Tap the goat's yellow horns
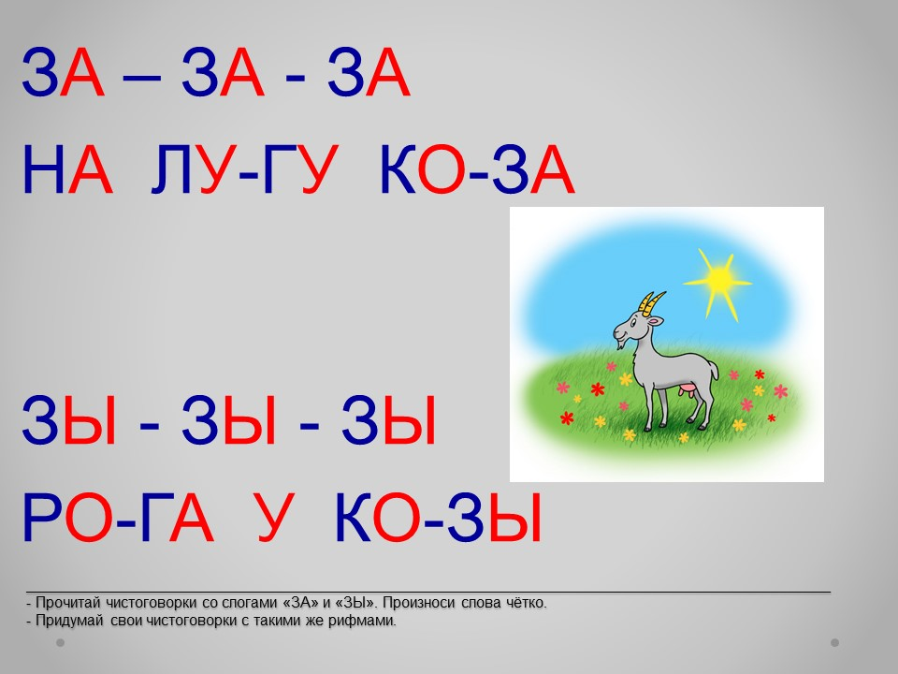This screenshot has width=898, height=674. [x=652, y=303]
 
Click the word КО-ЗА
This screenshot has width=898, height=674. [x=477, y=170]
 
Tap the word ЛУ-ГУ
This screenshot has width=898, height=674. [x=244, y=170]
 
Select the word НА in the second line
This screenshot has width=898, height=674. [x=66, y=170]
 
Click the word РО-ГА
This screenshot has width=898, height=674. [x=118, y=518]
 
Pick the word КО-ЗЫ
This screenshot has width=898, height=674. [x=438, y=518]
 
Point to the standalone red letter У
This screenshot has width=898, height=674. [x=276, y=518]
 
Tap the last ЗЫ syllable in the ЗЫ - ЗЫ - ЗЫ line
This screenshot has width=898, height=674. [x=389, y=420]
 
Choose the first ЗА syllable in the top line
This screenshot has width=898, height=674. [x=63, y=73]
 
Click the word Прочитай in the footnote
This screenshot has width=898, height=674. [x=67, y=603]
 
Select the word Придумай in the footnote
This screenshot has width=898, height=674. [x=69, y=621]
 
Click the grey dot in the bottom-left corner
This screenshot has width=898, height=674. [x=60, y=642]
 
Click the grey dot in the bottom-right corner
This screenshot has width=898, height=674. [x=834, y=642]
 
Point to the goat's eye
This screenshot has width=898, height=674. [x=633, y=324]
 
